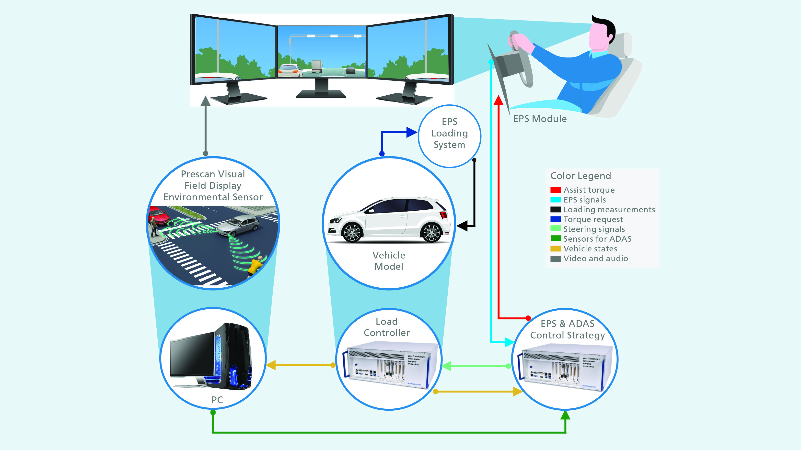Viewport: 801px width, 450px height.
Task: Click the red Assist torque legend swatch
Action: (x=555, y=190)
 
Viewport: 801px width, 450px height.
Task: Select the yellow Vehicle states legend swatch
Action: (x=555, y=249)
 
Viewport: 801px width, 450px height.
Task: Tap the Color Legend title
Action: (x=580, y=176)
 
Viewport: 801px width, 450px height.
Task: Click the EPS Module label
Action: (x=540, y=119)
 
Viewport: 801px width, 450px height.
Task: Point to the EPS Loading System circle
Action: (x=449, y=136)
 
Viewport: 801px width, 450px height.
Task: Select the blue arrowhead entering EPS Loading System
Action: (x=411, y=132)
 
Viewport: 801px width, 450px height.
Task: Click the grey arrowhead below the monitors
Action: (x=205, y=101)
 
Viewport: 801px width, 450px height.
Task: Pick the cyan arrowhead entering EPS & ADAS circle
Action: (x=509, y=342)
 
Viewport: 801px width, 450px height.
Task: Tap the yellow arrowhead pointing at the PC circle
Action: (x=271, y=365)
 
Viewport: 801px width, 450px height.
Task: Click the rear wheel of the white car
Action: (x=431, y=232)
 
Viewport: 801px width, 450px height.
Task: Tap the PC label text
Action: (x=217, y=400)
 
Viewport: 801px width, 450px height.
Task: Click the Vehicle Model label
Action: (x=389, y=261)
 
